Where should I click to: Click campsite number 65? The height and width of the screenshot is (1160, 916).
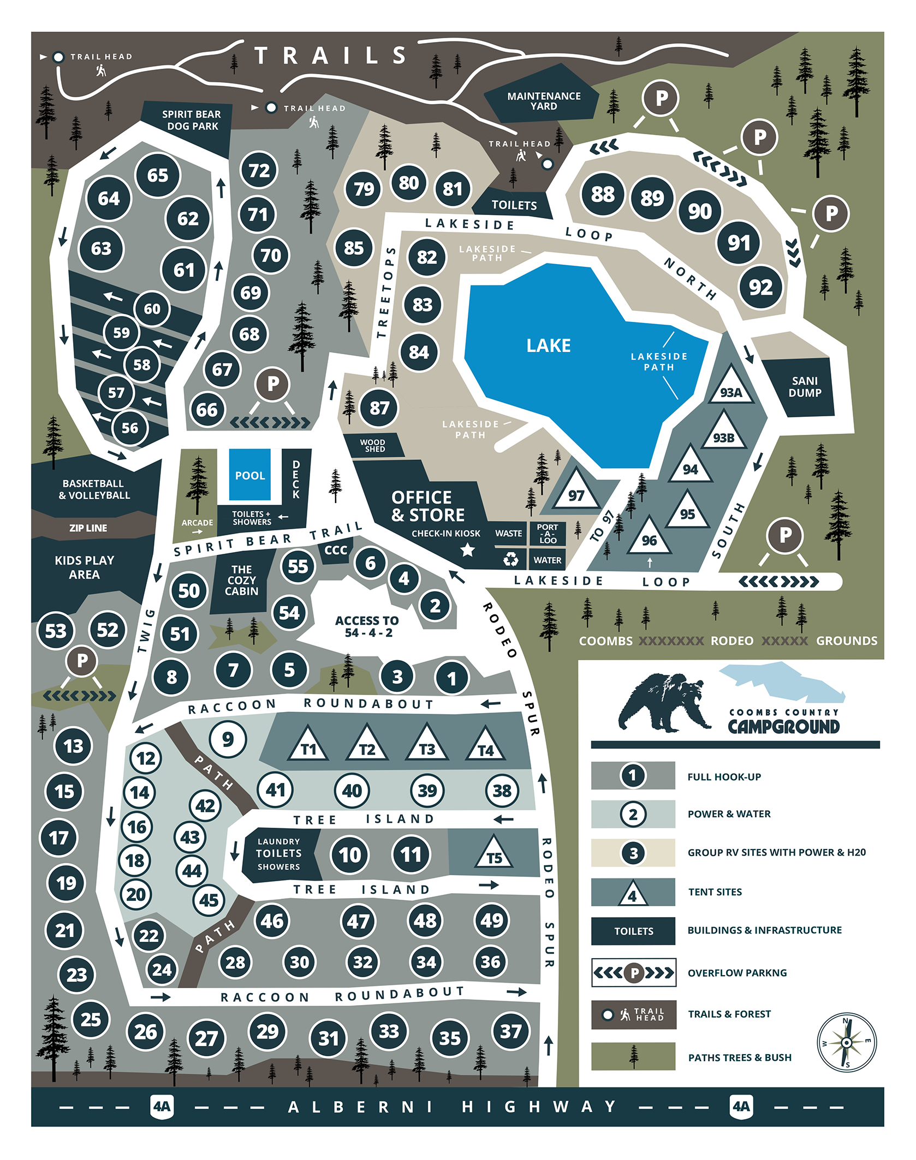[157, 175]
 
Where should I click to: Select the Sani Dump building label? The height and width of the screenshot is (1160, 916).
[804, 386]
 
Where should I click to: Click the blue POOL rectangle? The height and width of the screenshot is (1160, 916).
[249, 475]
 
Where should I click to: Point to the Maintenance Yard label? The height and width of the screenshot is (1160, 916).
[544, 101]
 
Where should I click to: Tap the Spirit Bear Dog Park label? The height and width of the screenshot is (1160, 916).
[192, 120]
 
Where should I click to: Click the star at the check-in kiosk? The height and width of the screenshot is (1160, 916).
[467, 550]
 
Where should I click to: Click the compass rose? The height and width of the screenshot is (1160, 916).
[846, 1042]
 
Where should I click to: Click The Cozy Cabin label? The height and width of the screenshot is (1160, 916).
[241, 580]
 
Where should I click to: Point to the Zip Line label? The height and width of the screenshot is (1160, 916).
[88, 528]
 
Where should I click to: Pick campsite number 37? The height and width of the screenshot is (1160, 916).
[510, 1031]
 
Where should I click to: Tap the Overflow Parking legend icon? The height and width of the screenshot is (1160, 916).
[634, 972]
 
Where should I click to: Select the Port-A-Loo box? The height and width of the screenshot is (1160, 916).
[547, 534]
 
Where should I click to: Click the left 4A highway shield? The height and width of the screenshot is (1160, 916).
[162, 1107]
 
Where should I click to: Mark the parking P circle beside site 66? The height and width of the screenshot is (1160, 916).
[272, 384]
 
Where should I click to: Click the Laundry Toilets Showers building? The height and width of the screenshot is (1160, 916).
[278, 854]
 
